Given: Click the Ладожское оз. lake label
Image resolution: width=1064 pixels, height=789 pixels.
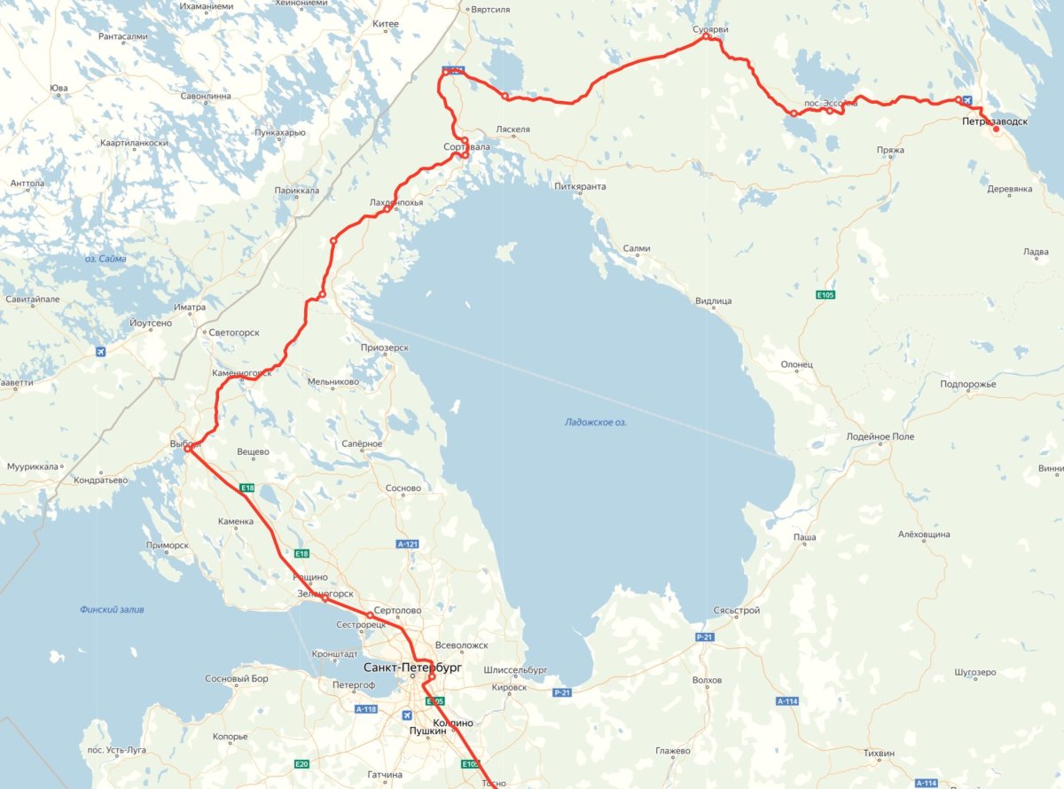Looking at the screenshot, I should (x=596, y=423).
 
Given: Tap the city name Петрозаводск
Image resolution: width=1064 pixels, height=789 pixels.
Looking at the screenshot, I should (x=995, y=121).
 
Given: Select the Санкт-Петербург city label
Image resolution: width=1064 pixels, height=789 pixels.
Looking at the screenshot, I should (x=412, y=667).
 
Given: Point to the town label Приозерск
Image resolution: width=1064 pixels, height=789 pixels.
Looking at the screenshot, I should (x=385, y=348).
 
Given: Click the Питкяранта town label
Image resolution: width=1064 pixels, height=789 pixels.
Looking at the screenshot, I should (x=580, y=187).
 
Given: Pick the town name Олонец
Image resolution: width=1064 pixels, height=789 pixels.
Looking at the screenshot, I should (x=796, y=364).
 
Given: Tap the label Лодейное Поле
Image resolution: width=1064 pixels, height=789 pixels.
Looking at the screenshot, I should (x=880, y=437).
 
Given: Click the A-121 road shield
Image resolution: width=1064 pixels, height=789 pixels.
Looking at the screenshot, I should (x=407, y=543).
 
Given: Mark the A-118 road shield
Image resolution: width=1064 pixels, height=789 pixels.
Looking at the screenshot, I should (x=366, y=709).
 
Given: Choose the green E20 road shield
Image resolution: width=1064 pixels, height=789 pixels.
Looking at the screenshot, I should (x=301, y=764).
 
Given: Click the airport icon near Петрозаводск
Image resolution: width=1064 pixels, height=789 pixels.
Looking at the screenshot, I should (x=966, y=100).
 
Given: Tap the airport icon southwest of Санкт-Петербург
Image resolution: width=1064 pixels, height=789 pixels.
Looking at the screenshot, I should (x=407, y=715).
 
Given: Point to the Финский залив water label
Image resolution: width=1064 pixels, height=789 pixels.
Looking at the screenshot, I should (x=112, y=610).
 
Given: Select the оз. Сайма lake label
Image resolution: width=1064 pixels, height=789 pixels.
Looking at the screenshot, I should (x=106, y=259).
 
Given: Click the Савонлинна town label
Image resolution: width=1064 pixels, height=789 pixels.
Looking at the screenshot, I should (x=205, y=96).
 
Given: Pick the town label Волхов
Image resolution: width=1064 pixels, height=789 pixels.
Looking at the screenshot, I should (x=707, y=681).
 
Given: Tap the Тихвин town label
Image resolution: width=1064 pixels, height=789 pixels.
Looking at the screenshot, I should (x=879, y=754).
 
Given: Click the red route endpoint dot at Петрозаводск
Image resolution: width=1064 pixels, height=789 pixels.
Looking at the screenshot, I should (x=996, y=129).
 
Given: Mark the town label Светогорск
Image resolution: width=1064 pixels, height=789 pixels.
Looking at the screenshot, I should (x=232, y=332).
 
